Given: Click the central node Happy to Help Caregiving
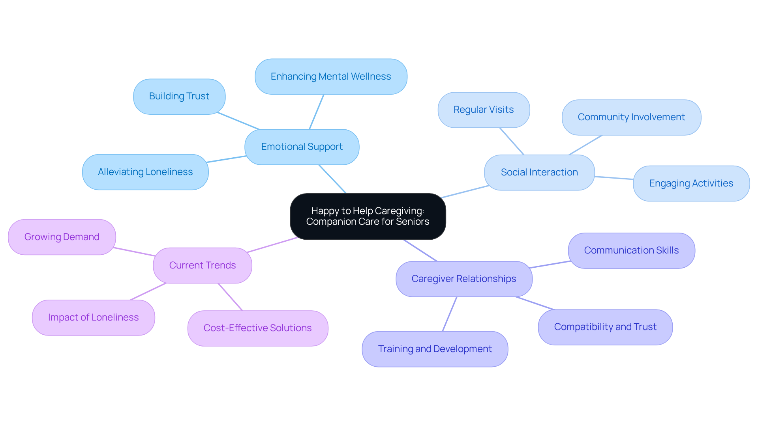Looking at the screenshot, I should point(368,216).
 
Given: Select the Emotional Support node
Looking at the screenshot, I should point(302,147).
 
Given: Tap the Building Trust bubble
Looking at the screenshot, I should point(179,96).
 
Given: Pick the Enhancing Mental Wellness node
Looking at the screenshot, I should point(331,76).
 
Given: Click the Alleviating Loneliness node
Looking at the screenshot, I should point(145,172).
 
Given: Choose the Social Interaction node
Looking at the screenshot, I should point(539,172).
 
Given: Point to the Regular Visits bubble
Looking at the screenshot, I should point(484,110).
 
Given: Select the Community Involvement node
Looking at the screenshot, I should point(631,117).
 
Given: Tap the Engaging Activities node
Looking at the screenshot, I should point(691,183).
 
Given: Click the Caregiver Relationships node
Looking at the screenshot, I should point(464,279).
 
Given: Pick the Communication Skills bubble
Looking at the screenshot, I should point(631,250).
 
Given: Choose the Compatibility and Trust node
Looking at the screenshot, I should point(605,327).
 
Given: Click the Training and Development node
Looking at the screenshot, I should point(435,349).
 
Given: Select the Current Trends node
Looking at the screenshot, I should point(203,265).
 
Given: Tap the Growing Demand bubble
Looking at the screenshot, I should point(62,237).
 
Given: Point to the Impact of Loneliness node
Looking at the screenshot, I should point(94,317).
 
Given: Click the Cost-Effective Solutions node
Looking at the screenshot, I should point(258,328).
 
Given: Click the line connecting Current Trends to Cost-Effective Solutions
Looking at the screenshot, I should point(230,297).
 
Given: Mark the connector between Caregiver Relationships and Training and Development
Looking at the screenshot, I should point(450,314).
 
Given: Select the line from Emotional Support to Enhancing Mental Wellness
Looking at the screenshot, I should point(317,112).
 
